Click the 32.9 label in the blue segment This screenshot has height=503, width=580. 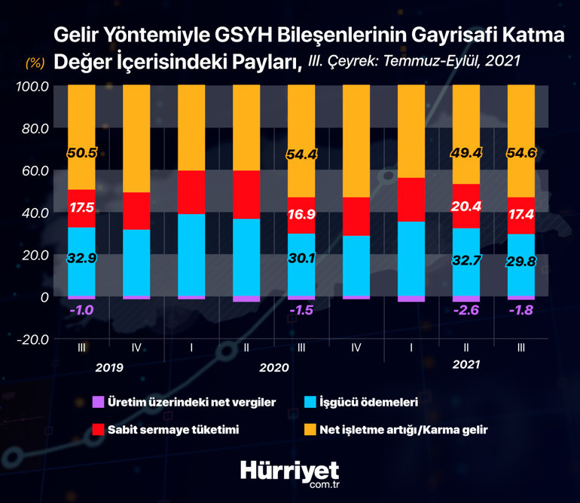coord(81,258)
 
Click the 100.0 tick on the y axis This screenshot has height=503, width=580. coord(32,86)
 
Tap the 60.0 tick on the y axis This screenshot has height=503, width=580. coord(34,170)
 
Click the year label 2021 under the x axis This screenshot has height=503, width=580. coord(466,364)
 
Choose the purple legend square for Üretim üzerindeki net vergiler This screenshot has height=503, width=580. coord(96,402)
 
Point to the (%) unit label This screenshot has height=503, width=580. coord(35,62)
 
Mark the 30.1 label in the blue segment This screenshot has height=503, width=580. coord(301,258)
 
